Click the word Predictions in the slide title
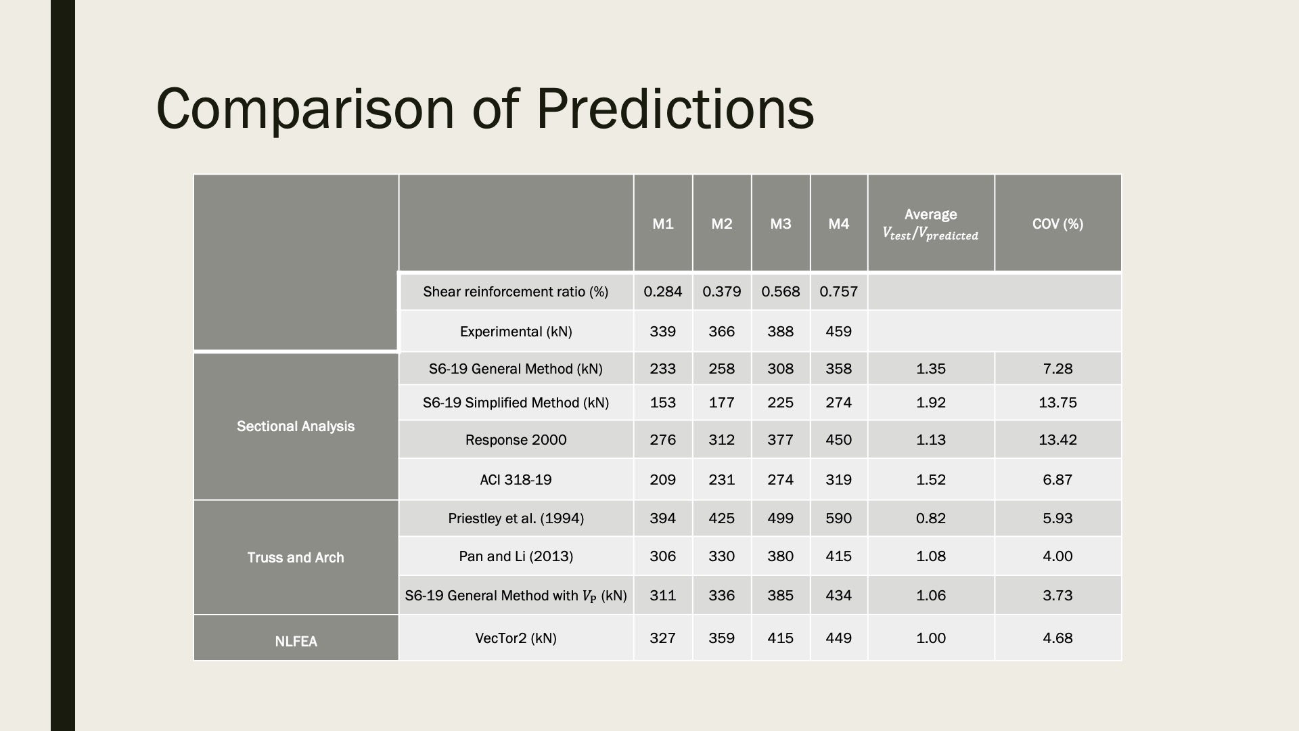(675, 108)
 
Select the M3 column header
(781, 224)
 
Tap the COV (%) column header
(1057, 224)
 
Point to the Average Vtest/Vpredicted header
(931, 225)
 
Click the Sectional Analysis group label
(296, 426)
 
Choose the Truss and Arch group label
(296, 558)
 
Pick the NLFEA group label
(296, 642)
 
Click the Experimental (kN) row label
(516, 332)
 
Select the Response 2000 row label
(516, 440)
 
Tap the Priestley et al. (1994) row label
(516, 518)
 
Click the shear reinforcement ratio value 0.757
(838, 292)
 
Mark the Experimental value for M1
(662, 332)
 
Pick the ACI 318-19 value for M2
(721, 480)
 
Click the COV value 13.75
(1057, 403)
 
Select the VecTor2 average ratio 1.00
(931, 638)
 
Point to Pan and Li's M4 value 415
(838, 556)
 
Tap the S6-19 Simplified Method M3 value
(780, 403)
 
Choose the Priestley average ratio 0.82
(931, 518)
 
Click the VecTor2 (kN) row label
(516, 638)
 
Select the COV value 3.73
(1057, 596)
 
